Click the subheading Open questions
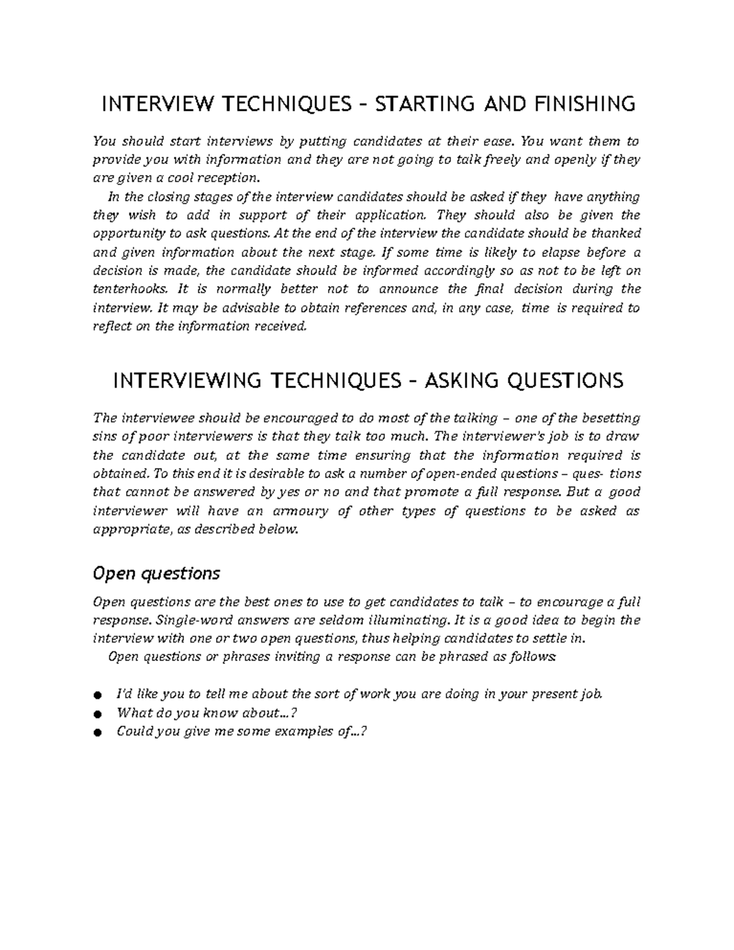[155, 574]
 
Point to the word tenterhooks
[129, 289]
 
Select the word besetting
[610, 418]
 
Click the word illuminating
[398, 620]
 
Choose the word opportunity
[128, 234]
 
